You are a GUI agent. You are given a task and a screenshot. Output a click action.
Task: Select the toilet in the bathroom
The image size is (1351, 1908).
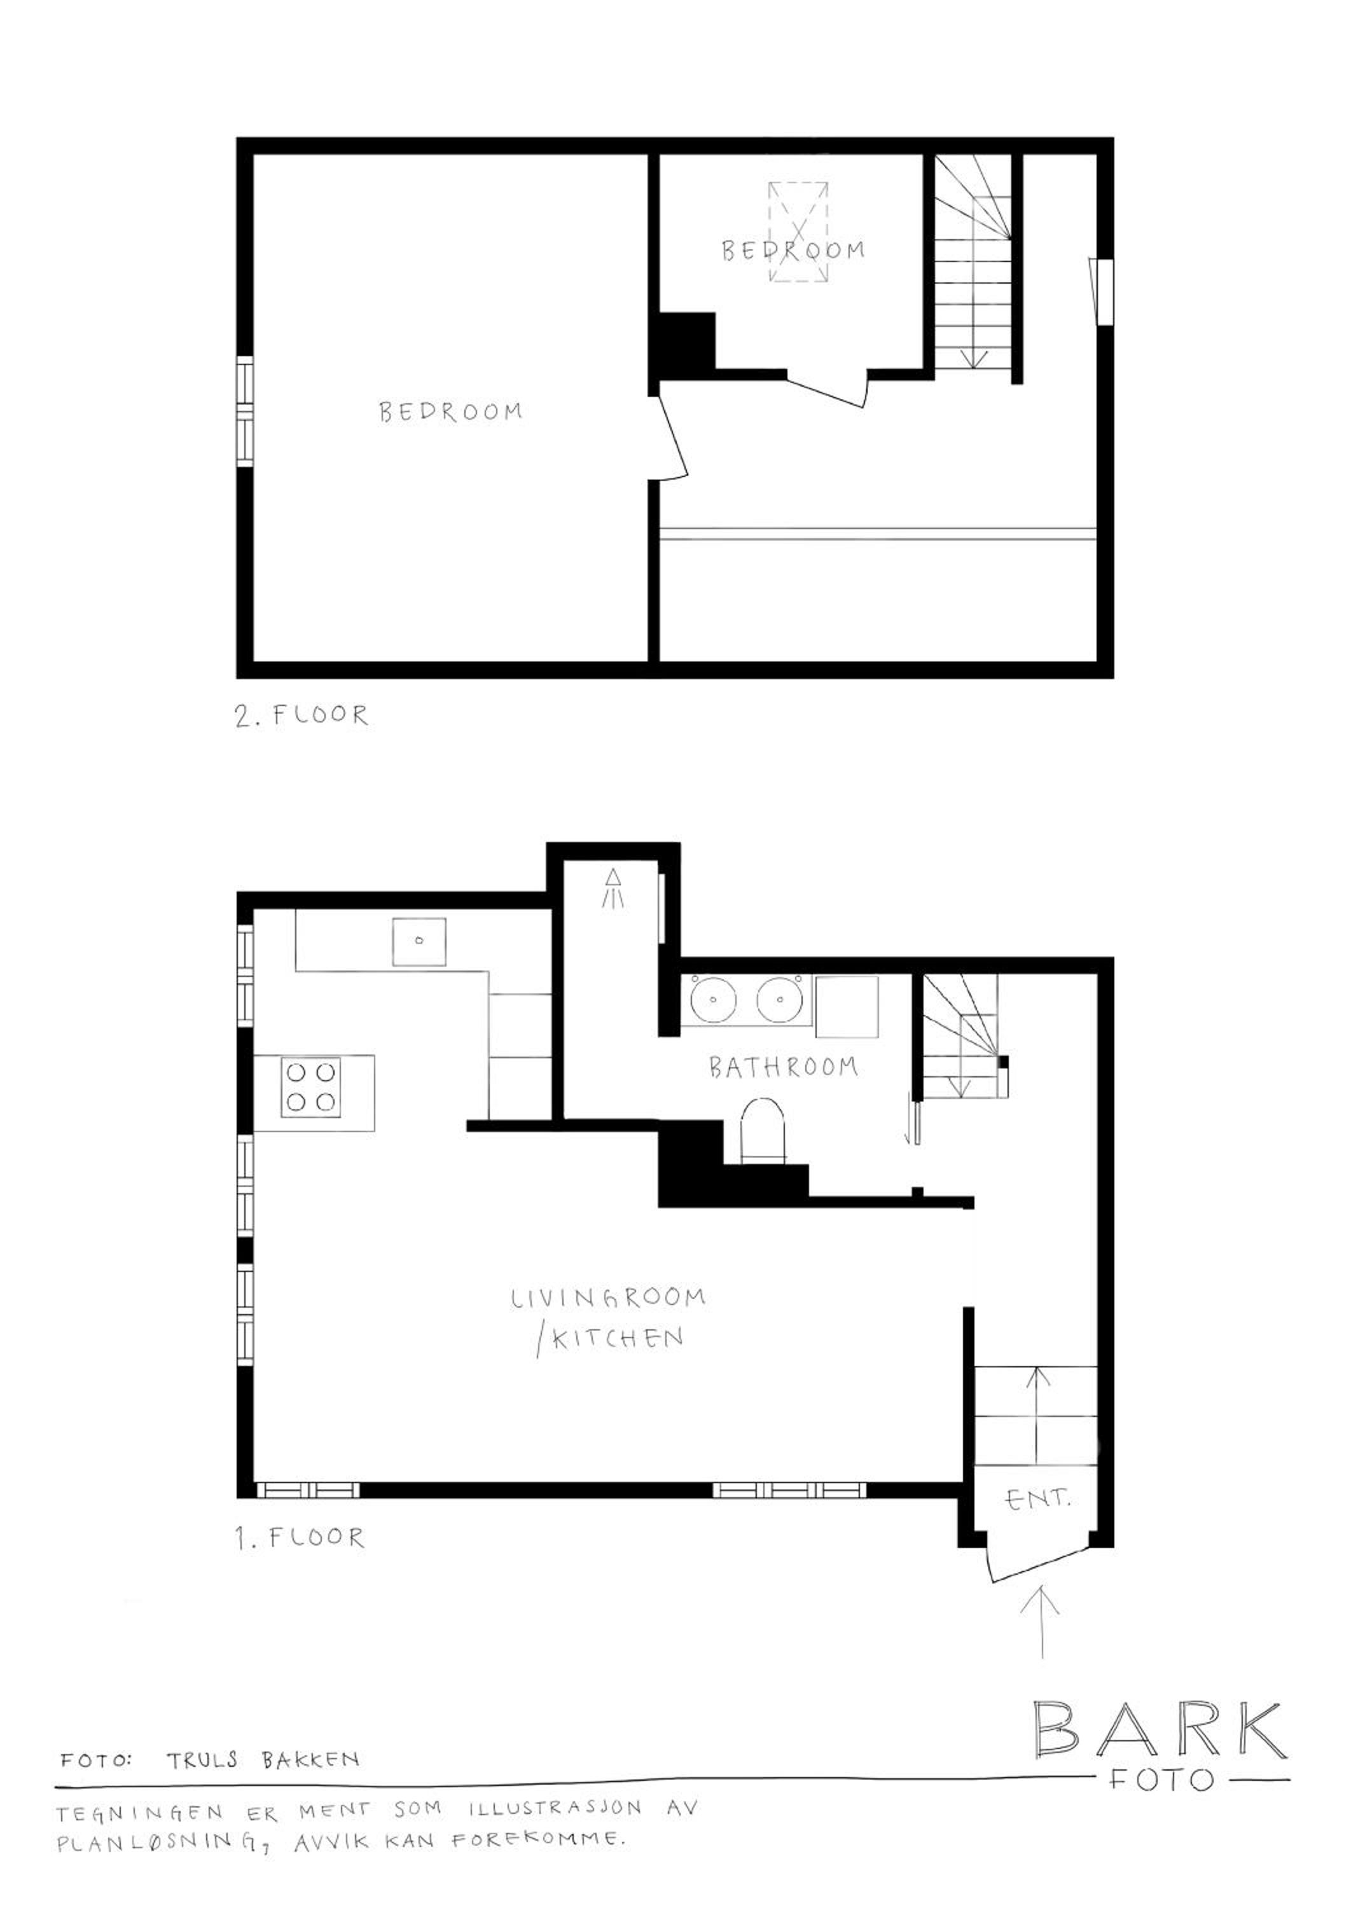pos(762,1130)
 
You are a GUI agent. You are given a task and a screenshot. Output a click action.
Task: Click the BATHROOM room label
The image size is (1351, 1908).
pos(783,1067)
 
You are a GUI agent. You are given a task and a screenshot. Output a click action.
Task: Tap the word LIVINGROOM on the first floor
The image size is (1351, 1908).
pos(608,1298)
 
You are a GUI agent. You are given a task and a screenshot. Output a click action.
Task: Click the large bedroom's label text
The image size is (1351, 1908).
pos(451,411)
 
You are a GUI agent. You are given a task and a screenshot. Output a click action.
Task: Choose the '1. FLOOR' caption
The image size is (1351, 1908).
pos(300,1538)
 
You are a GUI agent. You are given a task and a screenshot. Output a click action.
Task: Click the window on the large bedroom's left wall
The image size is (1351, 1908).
pos(245,411)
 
